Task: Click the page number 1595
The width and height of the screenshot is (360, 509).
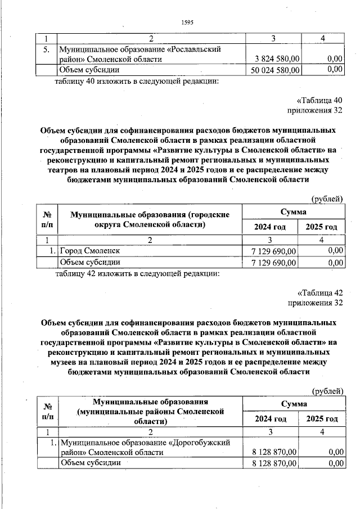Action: click(187, 22)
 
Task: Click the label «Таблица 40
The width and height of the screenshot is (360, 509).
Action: click(320, 101)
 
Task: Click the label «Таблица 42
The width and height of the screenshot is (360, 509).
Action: click(320, 292)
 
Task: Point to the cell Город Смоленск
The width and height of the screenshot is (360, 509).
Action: click(89, 250)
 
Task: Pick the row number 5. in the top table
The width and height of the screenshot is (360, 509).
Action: click(47, 49)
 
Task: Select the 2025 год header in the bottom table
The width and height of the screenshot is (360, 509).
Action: click(322, 419)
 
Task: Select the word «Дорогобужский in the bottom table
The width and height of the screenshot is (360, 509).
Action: click(202, 442)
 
